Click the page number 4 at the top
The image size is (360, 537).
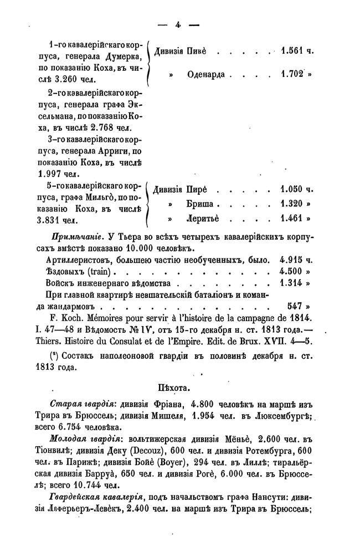click(178, 24)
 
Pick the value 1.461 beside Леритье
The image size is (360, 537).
click(293, 218)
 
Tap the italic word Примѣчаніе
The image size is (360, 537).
click(68, 237)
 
